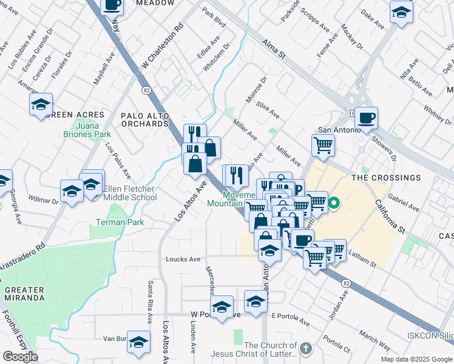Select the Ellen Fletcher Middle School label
tap(130, 193)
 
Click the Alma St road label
tap(273, 48)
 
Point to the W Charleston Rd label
tap(162, 47)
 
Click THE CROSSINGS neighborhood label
tap(385, 178)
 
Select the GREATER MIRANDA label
tap(24, 294)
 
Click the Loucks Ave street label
tap(183, 259)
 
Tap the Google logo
tap(20, 357)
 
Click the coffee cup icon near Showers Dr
tap(366, 117)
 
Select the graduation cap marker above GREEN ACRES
tap(41, 104)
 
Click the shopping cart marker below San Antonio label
tap(323, 145)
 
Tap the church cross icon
tap(305, 349)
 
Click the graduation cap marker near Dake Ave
tap(401, 12)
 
